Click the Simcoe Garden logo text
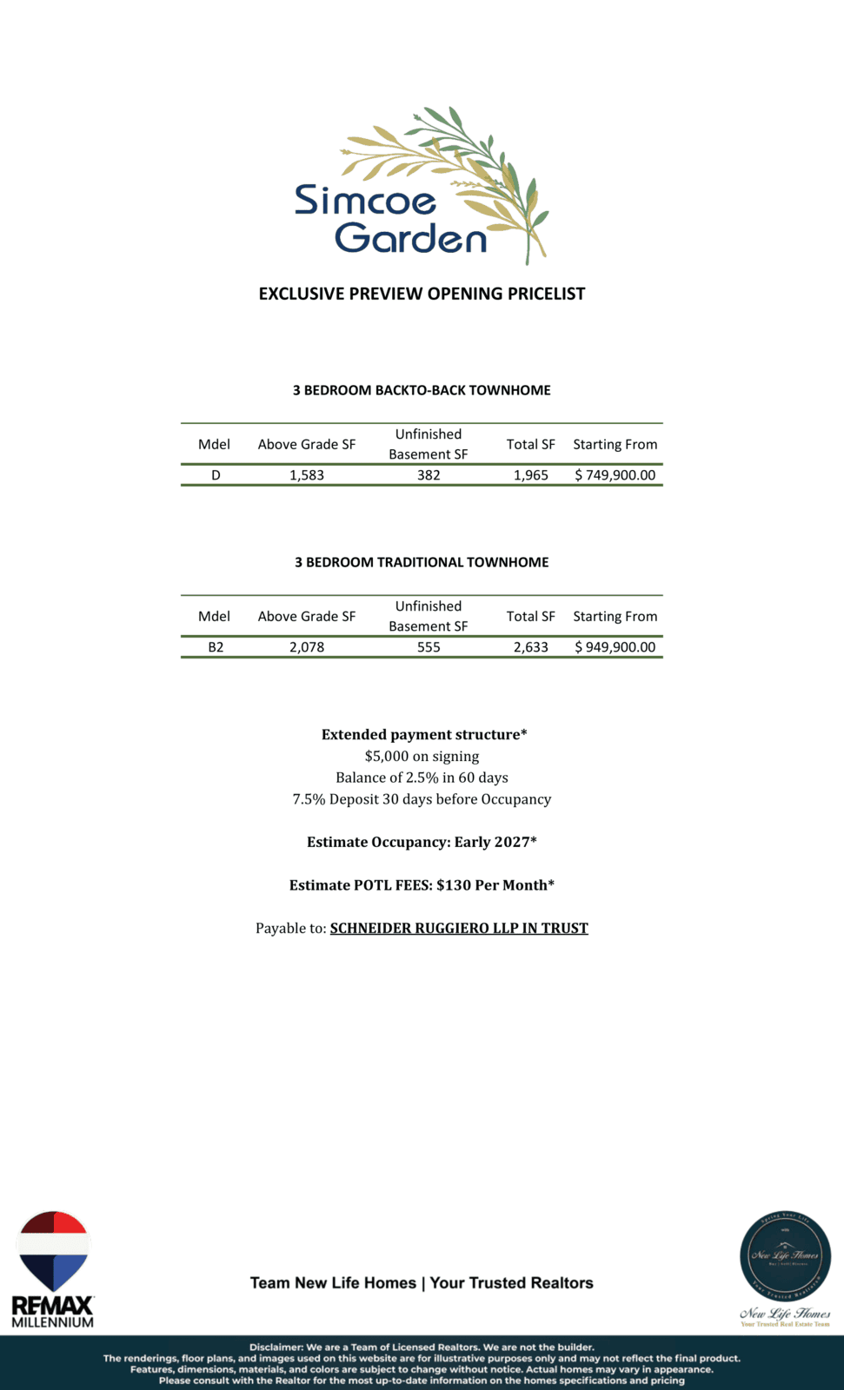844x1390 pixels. pos(389,220)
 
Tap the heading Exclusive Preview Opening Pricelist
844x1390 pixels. pos(422,294)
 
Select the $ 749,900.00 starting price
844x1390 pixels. pos(615,475)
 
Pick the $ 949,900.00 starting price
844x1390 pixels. pos(615,647)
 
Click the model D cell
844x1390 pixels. pos(216,475)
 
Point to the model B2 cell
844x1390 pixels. pos(216,647)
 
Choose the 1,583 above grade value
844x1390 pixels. pos(307,475)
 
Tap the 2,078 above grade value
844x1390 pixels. pos(307,647)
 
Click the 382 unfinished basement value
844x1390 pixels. pos(429,475)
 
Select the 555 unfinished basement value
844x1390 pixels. pos(429,647)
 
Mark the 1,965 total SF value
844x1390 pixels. pos(530,475)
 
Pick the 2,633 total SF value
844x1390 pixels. pos(530,647)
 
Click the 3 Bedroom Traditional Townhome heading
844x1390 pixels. pos(422,562)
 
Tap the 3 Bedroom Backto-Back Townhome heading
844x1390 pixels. pos(422,390)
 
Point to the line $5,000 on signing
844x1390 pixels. pos(422,756)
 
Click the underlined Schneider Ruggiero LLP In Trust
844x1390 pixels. pos(459,928)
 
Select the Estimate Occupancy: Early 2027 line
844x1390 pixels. pos(422,842)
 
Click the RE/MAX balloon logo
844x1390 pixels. pos(53,1252)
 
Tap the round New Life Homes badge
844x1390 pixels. pos(785,1255)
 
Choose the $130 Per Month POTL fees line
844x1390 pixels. pos(422,885)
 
